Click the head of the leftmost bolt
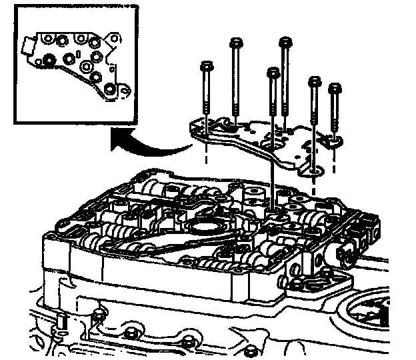pyautogui.click(x=206, y=67)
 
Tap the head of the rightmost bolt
pyautogui.click(x=335, y=87)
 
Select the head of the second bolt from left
pyautogui.click(x=235, y=44)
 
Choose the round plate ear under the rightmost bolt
pyautogui.click(x=333, y=140)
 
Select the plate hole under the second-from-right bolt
pyautogui.click(x=313, y=171)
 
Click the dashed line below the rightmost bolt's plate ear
pyautogui.click(x=333, y=157)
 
